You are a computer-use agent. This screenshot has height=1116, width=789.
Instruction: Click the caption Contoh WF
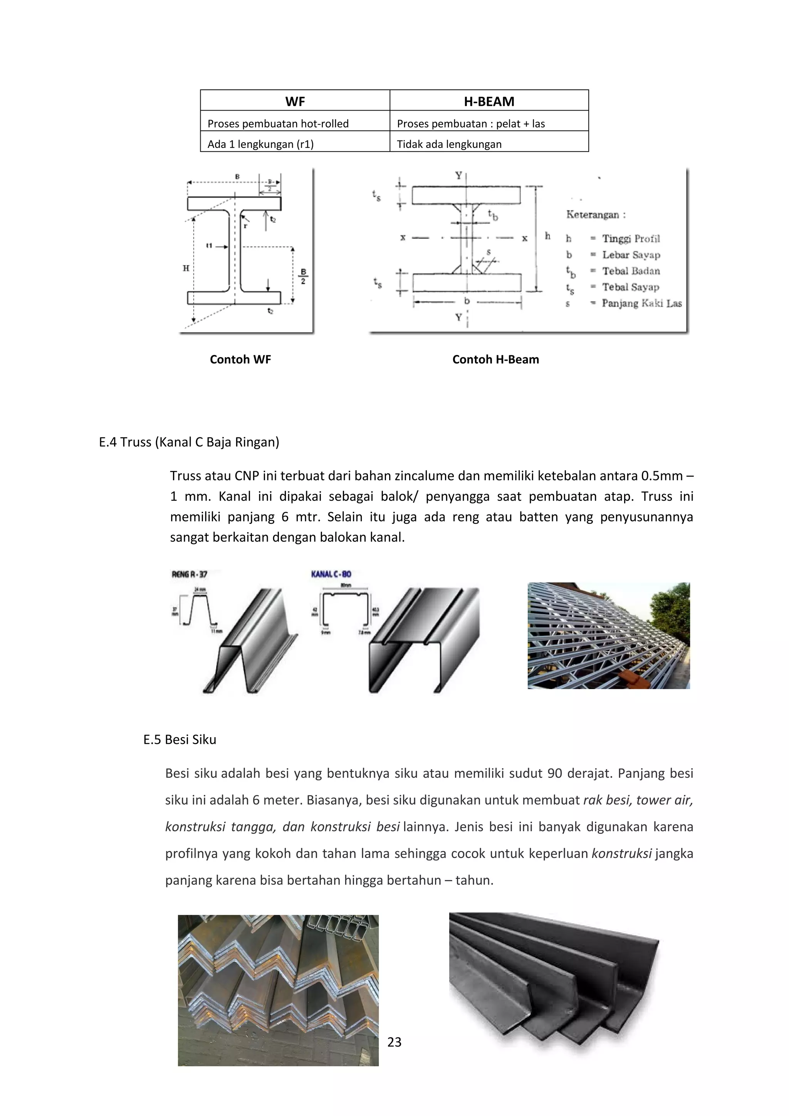(x=240, y=359)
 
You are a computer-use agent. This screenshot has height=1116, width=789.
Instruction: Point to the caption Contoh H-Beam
(x=495, y=359)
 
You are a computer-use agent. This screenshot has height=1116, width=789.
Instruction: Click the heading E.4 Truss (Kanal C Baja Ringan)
(x=189, y=442)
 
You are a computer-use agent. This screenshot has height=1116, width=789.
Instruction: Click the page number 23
(x=394, y=1042)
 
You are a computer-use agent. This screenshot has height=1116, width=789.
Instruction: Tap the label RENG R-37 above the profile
(x=190, y=574)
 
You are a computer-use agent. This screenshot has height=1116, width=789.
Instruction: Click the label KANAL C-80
(x=331, y=574)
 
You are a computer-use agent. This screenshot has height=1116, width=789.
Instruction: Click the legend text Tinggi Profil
(x=631, y=238)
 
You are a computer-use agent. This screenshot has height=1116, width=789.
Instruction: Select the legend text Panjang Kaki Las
(x=641, y=303)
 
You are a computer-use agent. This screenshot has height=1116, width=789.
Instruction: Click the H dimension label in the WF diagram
(x=186, y=268)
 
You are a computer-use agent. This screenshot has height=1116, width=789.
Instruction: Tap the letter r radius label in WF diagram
(x=245, y=225)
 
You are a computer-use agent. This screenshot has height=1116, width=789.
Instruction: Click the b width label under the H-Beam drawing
(x=467, y=301)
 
